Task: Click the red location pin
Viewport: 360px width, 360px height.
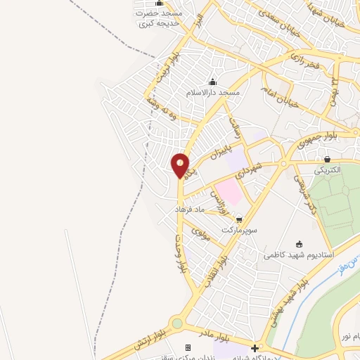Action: (x=181, y=165)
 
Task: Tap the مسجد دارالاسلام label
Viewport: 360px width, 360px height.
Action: (x=213, y=93)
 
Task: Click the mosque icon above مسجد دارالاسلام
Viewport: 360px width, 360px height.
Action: (x=213, y=82)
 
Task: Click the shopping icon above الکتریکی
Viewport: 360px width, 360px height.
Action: (x=328, y=158)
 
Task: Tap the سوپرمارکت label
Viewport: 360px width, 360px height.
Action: (x=236, y=230)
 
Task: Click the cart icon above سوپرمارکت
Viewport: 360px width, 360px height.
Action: (x=240, y=219)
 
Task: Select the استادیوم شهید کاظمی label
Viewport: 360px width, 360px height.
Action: (x=299, y=255)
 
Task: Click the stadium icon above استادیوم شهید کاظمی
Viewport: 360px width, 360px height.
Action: (x=300, y=243)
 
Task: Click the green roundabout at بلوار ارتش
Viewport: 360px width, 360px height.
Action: (x=176, y=324)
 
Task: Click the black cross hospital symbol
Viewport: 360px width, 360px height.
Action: (x=255, y=348)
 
